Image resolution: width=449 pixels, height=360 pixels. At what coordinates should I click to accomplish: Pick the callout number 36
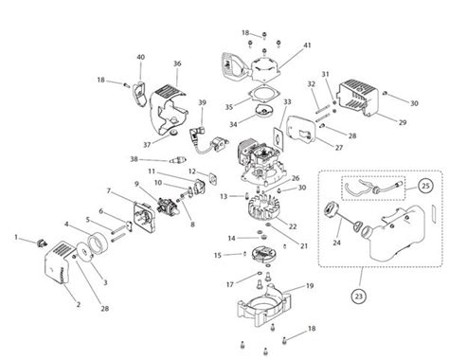click(176, 63)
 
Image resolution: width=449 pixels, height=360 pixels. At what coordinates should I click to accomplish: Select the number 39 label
click(202, 102)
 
